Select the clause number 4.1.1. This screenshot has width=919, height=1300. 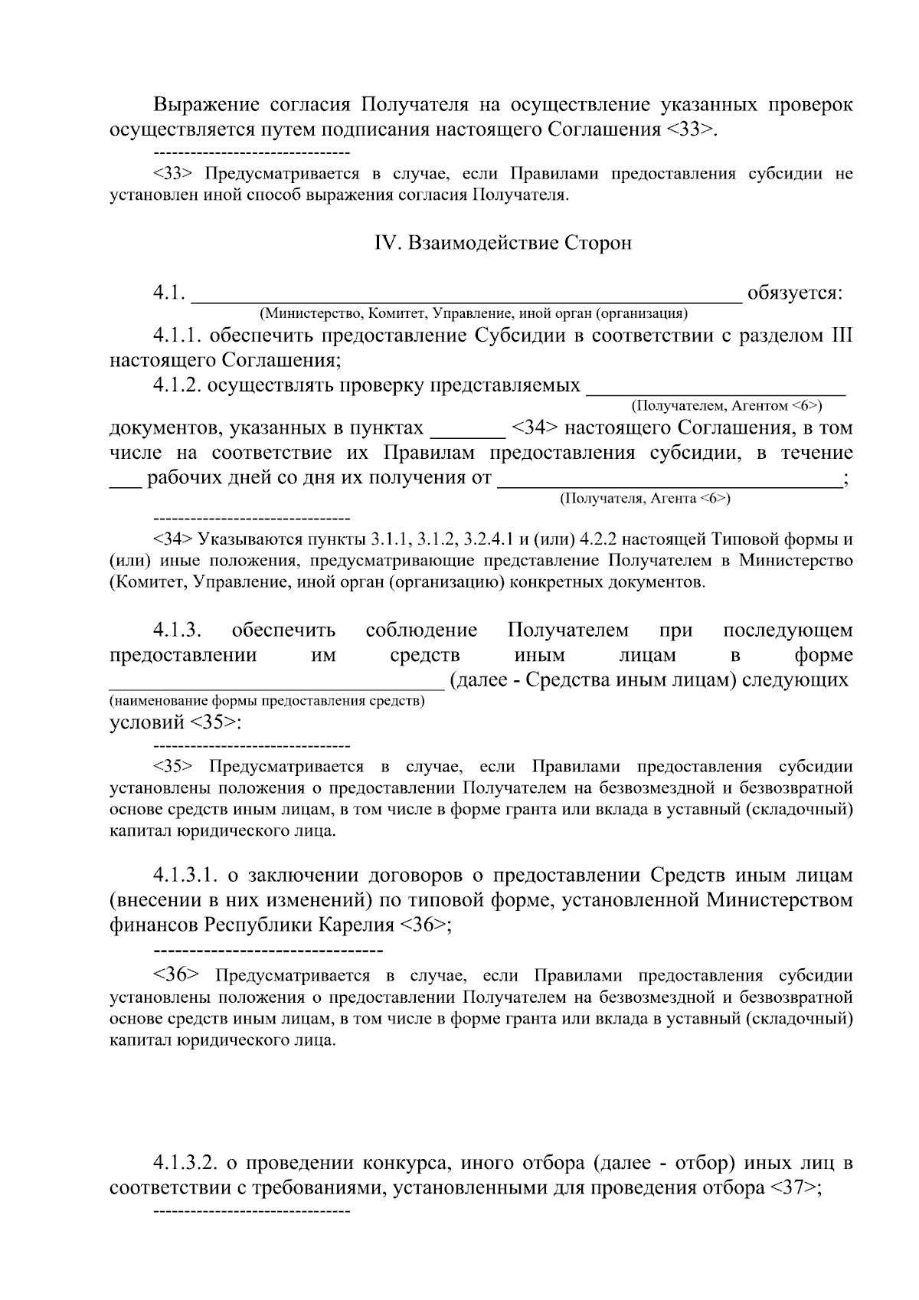[x=177, y=336]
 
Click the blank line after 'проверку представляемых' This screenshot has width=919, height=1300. [x=715, y=385]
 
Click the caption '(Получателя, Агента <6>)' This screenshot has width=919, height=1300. [x=645, y=499]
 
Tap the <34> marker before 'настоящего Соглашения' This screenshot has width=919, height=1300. [x=535, y=427]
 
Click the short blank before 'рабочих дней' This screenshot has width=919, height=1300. [x=126, y=479]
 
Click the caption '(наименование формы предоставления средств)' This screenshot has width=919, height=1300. [x=267, y=701]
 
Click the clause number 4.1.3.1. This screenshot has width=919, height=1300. [x=186, y=875]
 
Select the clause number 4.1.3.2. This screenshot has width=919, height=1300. [x=187, y=1163]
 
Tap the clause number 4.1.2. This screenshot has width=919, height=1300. [x=177, y=385]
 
